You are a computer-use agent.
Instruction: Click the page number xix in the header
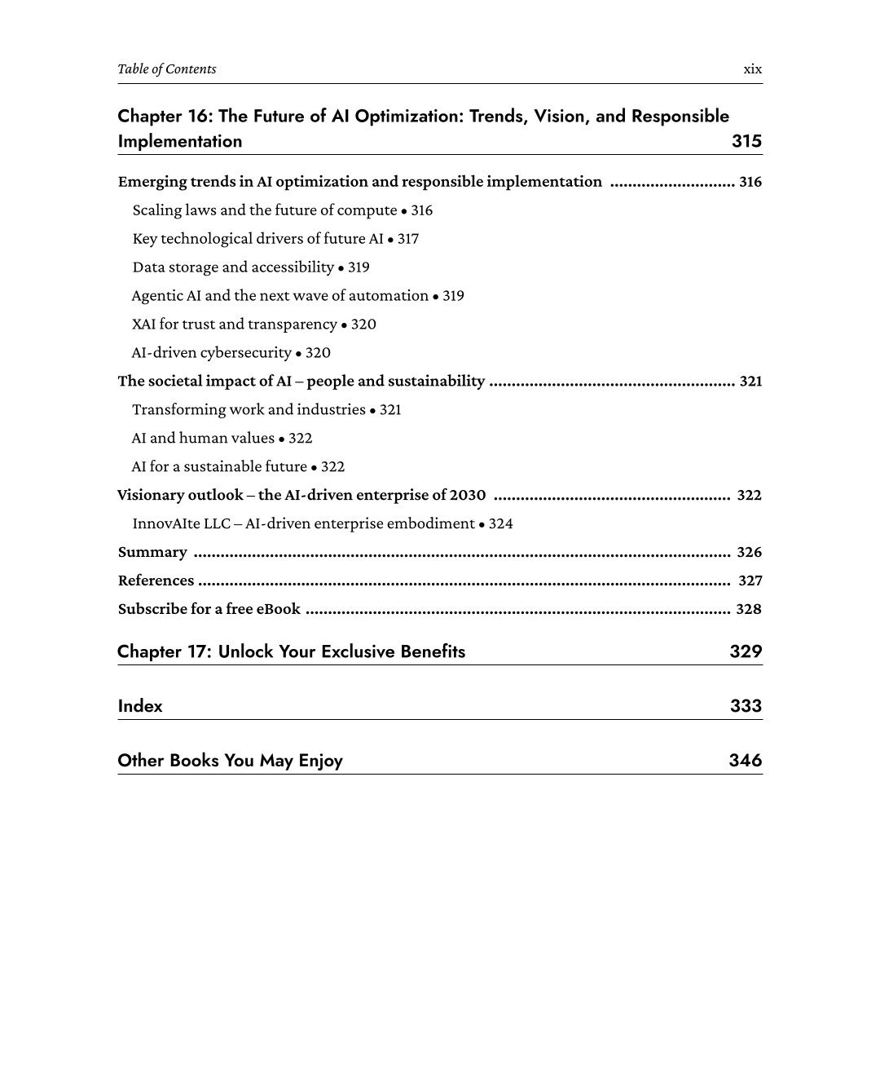[752, 69]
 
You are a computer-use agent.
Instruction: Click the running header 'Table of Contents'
[167, 69]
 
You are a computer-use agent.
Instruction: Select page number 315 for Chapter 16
[746, 141]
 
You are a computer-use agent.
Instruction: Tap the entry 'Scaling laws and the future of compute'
[265, 210]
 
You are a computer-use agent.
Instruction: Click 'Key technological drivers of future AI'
[257, 239]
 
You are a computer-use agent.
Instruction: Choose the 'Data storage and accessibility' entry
[233, 267]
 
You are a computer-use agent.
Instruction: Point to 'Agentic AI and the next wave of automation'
[280, 296]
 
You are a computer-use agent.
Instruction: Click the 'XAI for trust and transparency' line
[235, 324]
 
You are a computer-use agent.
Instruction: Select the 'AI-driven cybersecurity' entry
[212, 353]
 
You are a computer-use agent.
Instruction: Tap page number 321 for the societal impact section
[750, 382]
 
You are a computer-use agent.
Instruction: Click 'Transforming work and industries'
[249, 410]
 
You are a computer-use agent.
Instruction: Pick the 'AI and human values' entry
[203, 439]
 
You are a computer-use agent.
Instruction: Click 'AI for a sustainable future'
[219, 467]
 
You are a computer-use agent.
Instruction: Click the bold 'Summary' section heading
[152, 553]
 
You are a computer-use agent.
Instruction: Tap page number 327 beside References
[750, 581]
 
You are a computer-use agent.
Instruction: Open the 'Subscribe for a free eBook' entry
[209, 610]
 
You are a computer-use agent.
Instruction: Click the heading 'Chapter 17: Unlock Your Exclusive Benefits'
[292, 651]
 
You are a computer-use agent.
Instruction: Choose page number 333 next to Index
[746, 706]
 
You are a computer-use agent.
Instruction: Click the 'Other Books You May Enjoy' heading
[231, 761]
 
